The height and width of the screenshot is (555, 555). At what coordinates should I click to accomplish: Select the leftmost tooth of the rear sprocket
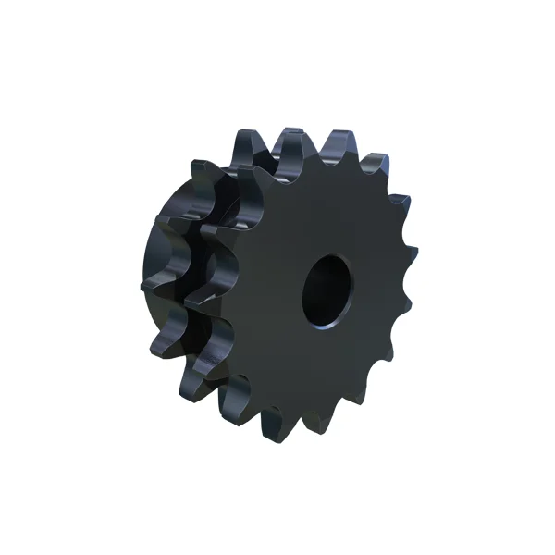click(148, 282)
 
